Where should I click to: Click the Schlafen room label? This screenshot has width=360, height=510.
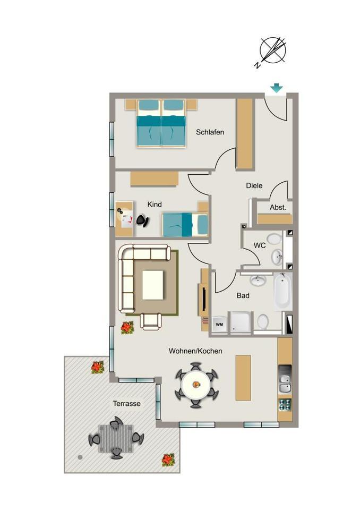coord(210,132)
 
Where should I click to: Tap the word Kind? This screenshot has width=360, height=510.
coord(155,204)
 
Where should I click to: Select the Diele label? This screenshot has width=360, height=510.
coord(254,185)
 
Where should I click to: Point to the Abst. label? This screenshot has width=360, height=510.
coord(278,207)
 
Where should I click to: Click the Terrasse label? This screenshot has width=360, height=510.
coord(126,403)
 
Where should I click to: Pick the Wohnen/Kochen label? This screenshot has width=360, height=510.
coord(195,351)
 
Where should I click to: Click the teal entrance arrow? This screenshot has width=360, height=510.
coord(277,88)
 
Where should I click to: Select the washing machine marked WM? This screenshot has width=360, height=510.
coord(219,324)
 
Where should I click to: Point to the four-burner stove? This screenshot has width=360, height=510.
coord(285,405)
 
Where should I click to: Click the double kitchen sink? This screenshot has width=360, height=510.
coord(285,384)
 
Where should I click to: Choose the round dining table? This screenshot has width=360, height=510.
coord(196,385)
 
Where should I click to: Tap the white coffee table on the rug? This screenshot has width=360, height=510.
coord(153,285)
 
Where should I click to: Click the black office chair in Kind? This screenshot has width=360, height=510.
coord(142,220)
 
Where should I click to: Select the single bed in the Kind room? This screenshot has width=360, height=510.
coord(185,224)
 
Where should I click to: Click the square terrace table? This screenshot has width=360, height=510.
coord(116,438)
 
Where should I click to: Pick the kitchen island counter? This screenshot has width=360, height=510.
coord(243,378)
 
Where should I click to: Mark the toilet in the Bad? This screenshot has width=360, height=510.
coord(263,321)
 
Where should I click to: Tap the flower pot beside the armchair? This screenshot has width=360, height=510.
coord(127,328)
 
